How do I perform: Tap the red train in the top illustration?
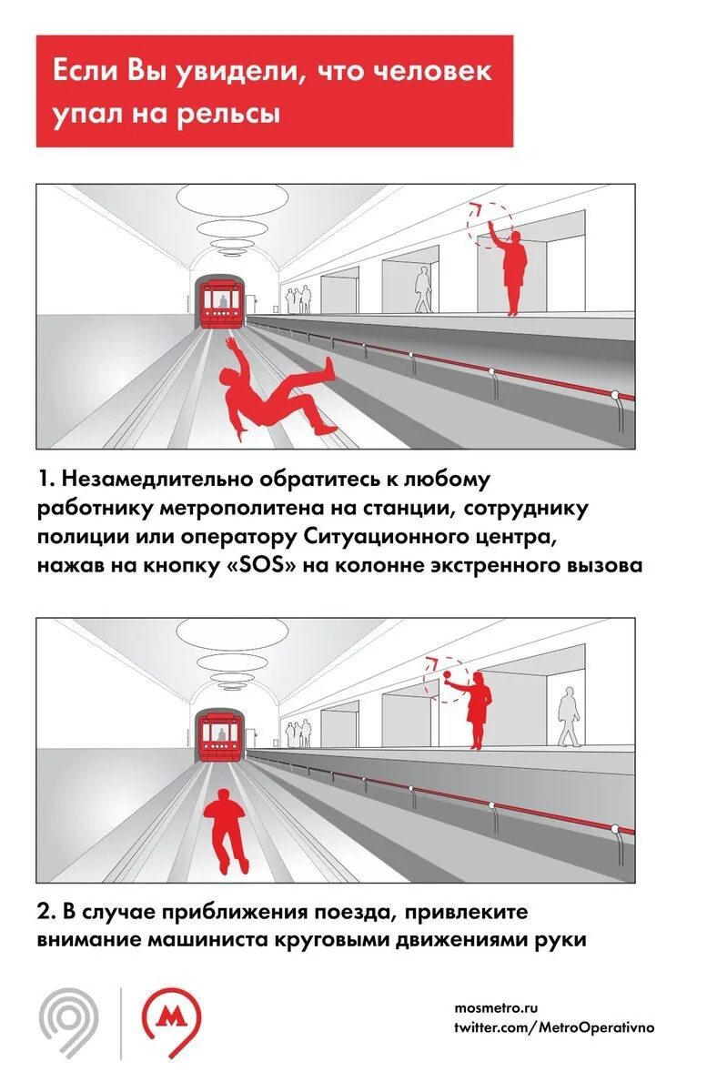(221, 301)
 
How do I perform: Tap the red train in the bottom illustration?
(221, 734)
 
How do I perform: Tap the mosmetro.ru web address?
(496, 1008)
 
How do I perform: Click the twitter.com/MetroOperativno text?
(553, 1027)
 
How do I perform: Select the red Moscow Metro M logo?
(172, 1023)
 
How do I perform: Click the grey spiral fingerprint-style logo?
(69, 1023)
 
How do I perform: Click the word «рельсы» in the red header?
(236, 115)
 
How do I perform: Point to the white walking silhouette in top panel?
(423, 289)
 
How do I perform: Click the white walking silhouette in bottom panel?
(568, 717)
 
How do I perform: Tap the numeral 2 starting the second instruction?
(44, 912)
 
